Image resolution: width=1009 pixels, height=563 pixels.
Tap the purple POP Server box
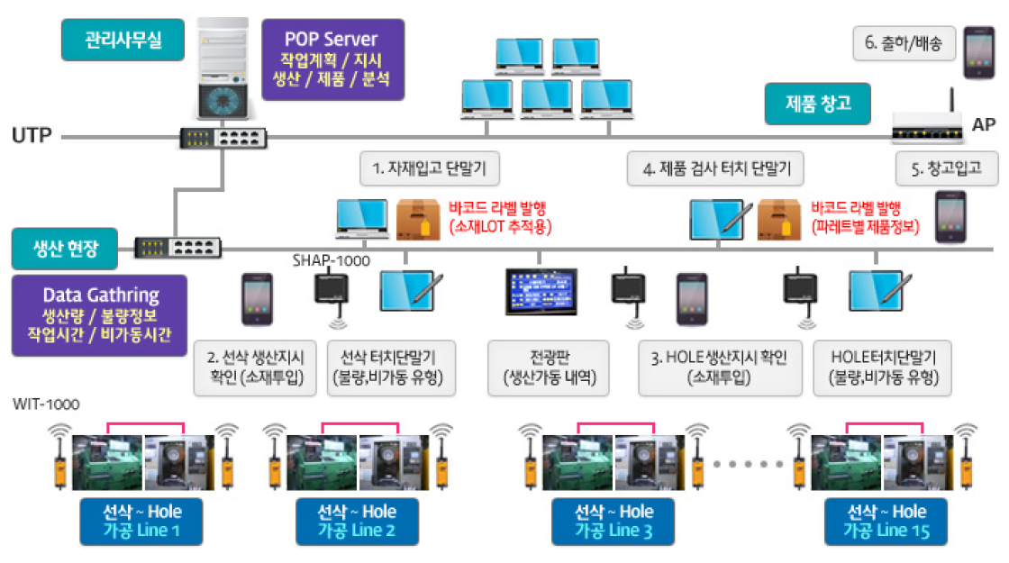331,59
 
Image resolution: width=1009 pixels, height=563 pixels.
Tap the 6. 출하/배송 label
904,42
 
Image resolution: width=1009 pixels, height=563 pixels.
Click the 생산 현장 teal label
65,249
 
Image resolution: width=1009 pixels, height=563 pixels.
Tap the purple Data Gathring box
100,314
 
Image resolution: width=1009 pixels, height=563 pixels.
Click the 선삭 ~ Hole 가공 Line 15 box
886,522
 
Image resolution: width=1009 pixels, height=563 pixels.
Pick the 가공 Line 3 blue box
614,522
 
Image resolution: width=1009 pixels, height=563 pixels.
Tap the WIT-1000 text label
46,404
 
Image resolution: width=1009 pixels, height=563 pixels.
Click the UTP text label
32,136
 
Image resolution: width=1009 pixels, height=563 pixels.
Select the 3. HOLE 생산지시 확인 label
718,368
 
